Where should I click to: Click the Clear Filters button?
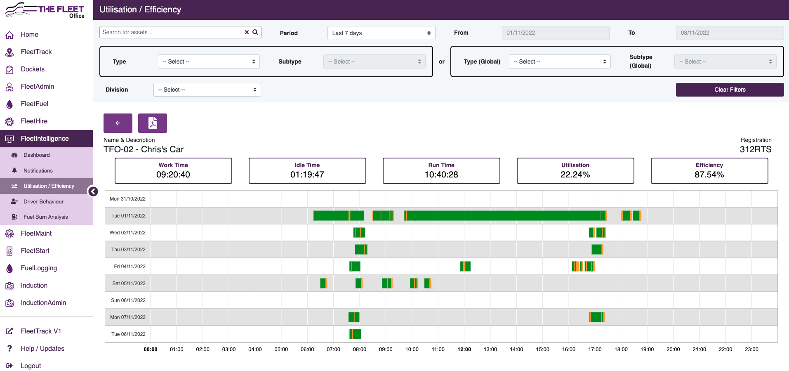730,90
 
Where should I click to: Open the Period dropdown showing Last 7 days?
381,33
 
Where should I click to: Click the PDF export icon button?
153,123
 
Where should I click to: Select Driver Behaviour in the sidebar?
43,201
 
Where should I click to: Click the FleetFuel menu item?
35,104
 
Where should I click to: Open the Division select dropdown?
207,90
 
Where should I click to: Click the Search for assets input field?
171,32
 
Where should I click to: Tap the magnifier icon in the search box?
255,32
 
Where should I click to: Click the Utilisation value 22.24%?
575,175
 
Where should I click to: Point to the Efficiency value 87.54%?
709,175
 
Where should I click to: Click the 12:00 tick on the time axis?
464,349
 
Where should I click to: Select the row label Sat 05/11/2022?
129,284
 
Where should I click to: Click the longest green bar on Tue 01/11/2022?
503,215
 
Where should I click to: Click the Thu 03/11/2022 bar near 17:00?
596,249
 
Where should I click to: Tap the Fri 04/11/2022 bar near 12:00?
465,266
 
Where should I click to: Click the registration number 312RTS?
755,149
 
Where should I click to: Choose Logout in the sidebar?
31,366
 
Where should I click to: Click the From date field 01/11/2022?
555,33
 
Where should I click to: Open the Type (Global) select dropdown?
559,61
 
